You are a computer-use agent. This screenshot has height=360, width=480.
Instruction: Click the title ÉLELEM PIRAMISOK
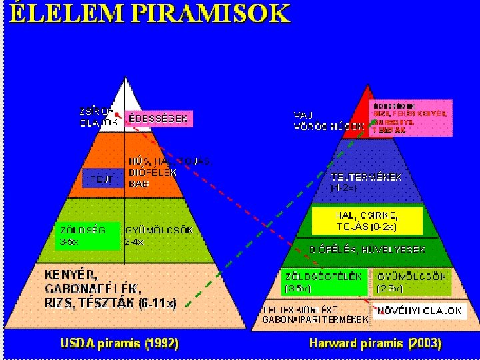click(x=150, y=14)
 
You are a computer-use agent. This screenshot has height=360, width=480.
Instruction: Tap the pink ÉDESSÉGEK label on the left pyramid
click(x=158, y=119)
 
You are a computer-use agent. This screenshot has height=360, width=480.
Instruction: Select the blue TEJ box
click(x=103, y=178)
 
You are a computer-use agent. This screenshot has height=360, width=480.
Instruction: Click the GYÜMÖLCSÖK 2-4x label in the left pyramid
click(x=159, y=236)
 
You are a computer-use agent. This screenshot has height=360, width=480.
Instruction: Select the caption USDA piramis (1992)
click(x=119, y=343)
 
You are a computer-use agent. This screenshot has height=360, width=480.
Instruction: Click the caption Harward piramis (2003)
click(x=375, y=343)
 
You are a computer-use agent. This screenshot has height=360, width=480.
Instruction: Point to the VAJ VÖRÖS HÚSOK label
click(x=328, y=121)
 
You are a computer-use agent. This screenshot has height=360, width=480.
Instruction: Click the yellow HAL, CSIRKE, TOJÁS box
click(x=367, y=219)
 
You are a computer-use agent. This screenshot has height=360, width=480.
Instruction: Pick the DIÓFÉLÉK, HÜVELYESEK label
click(x=367, y=250)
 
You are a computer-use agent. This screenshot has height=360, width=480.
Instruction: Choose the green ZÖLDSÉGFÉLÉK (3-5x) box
click(x=324, y=282)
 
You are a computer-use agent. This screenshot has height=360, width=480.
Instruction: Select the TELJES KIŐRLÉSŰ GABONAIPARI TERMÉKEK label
click(x=315, y=315)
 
